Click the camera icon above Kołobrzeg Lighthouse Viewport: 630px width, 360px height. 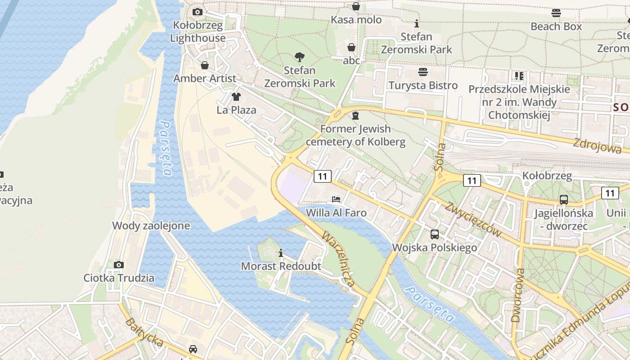[x=197, y=12]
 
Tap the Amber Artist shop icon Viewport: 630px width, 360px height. [x=205, y=66]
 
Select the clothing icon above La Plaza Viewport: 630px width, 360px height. [x=236, y=96]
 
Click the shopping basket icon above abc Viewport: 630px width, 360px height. [x=351, y=47]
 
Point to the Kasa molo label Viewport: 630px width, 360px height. [x=356, y=20]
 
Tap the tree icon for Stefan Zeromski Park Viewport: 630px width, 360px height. [x=299, y=57]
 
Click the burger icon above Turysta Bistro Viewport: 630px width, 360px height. [x=423, y=72]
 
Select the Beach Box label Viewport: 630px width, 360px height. [x=556, y=27]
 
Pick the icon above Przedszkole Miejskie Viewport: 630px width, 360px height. [x=519, y=76]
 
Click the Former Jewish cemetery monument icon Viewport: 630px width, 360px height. [x=355, y=116]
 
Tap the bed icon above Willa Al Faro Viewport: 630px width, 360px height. [x=336, y=199]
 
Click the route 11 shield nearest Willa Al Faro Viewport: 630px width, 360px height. [x=322, y=176]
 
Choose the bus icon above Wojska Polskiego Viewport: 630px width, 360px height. [x=434, y=234]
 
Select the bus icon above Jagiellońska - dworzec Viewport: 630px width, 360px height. [x=563, y=199]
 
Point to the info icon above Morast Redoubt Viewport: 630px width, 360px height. [x=281, y=253]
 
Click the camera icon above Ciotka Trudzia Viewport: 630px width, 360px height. [x=119, y=265]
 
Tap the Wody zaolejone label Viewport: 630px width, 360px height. [x=151, y=226]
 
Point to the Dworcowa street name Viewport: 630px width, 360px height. [x=518, y=295]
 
